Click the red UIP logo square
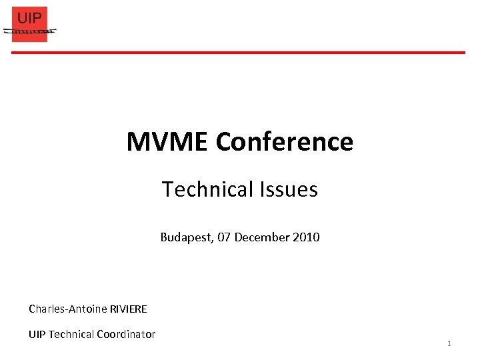pyautogui.click(x=30, y=25)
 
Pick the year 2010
pyautogui.click(x=306, y=237)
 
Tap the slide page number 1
pyautogui.click(x=449, y=343)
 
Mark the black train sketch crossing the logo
pyautogui.click(x=30, y=31)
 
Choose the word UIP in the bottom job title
pyautogui.click(x=37, y=334)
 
